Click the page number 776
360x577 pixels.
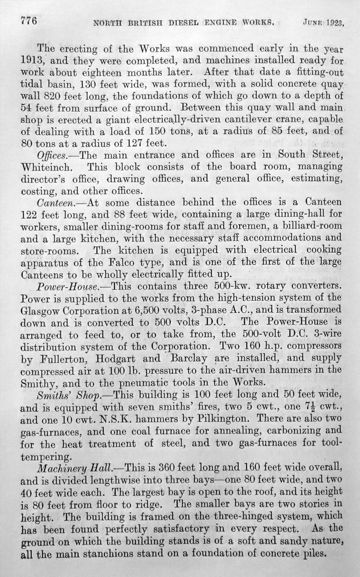pos(27,21)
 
